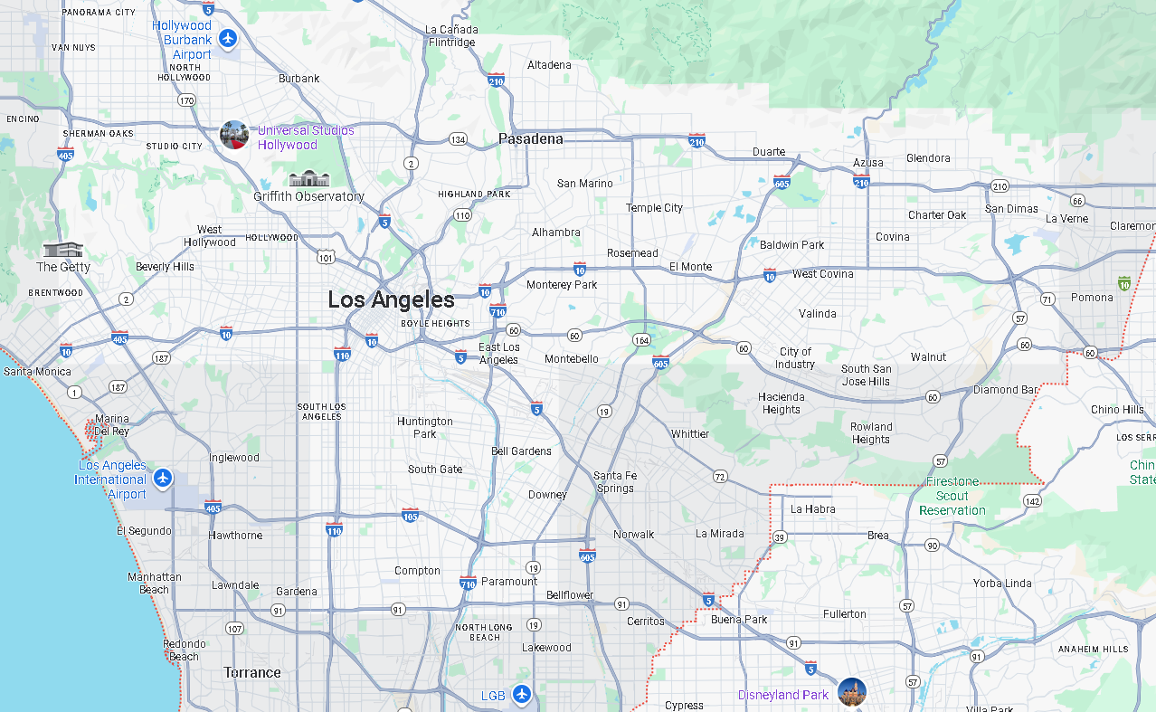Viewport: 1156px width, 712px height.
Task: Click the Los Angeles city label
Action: point(391,299)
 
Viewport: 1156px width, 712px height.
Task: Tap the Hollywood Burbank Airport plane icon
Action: point(228,40)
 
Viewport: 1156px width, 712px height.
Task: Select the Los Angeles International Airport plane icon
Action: point(163,478)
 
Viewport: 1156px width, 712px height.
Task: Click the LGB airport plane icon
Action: point(521,695)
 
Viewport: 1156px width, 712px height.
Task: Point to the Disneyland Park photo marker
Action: point(851,693)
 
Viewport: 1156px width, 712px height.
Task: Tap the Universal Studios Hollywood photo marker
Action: point(234,136)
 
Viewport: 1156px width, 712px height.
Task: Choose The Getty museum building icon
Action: point(62,249)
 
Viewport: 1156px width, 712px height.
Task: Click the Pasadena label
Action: point(530,138)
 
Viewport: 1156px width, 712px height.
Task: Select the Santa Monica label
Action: point(37,371)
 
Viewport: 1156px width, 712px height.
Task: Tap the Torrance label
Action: point(252,672)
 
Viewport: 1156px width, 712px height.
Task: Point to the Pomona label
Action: point(1092,297)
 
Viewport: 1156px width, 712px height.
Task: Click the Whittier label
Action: point(690,433)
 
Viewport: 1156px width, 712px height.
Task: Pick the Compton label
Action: point(417,570)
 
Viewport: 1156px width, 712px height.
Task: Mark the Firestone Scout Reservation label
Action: point(952,496)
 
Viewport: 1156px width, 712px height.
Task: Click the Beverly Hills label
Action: point(165,267)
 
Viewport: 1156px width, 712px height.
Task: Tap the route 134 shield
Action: point(459,139)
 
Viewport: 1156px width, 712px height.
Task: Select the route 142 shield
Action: point(1032,500)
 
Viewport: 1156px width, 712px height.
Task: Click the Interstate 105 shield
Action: point(410,515)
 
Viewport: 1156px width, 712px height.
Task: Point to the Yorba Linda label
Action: point(1002,583)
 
